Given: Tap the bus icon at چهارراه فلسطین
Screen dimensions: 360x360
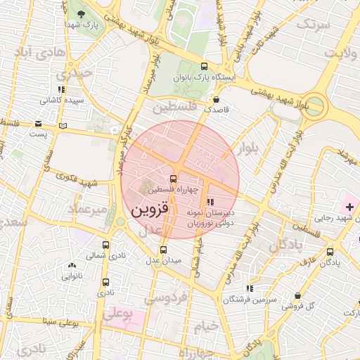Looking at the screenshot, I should pos(174,178).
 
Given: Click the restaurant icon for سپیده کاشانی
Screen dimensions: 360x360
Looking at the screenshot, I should pos(62,89).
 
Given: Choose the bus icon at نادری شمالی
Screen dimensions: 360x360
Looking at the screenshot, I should pos(106,245).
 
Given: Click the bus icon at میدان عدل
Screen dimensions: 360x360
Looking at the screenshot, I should pos(163,249).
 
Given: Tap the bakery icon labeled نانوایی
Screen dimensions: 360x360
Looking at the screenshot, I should pos(72,266).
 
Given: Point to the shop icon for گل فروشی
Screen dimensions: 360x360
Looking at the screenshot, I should pos(300,295).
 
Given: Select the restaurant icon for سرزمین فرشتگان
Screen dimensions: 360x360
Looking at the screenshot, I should pos(249,288).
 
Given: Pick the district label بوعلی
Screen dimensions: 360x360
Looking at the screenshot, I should pos(117,315).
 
